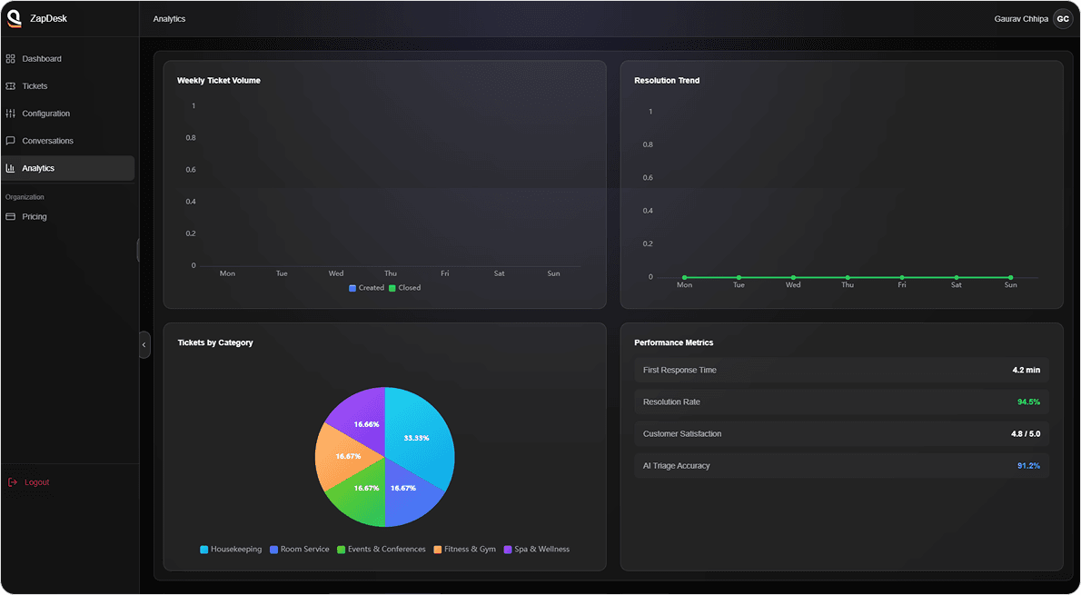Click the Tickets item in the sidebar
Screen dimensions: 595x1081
tap(35, 86)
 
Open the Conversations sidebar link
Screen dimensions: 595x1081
tap(47, 141)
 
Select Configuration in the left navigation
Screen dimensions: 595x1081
tap(45, 114)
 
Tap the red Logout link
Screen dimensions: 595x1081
tap(36, 482)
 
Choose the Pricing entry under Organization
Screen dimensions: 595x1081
tap(35, 217)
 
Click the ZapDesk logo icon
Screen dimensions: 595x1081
tap(15, 18)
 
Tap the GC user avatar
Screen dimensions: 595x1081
tap(1062, 19)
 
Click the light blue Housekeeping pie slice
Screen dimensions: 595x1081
tap(417, 436)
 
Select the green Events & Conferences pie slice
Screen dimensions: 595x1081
tap(356, 494)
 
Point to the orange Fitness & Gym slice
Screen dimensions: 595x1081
tap(342, 453)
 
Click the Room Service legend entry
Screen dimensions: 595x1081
tap(300, 550)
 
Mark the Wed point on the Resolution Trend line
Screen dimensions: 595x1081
tap(793, 277)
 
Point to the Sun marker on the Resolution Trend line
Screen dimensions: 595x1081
tap(1010, 277)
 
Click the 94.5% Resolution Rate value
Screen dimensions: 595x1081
tap(1028, 402)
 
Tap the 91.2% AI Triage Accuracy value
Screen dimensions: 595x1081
tap(1028, 466)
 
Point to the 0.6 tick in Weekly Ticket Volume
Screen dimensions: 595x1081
tap(191, 170)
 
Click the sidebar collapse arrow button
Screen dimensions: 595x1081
tap(144, 345)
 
